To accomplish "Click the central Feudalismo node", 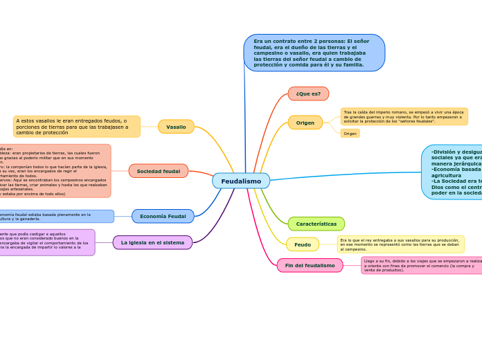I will pos(241,181).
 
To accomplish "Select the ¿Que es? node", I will pos(308,93).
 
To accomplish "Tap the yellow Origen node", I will pos(305,123).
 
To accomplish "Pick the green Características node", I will pos(316,224).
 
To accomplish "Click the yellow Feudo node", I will pos(303,244).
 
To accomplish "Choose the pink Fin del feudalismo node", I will pos(310,265).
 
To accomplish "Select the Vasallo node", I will pos(176,127).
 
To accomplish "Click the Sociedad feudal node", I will pos(158,171).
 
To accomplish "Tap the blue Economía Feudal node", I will pos(163,216).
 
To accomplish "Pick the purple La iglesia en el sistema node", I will pos(152,242).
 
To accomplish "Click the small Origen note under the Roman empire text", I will pos(350,134).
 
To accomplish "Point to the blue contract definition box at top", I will pos(314,53).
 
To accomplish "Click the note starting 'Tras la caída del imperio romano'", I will pos(404,116).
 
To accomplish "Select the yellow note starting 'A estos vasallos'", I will pos(76,126).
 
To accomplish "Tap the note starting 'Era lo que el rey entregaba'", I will pos(400,244).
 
